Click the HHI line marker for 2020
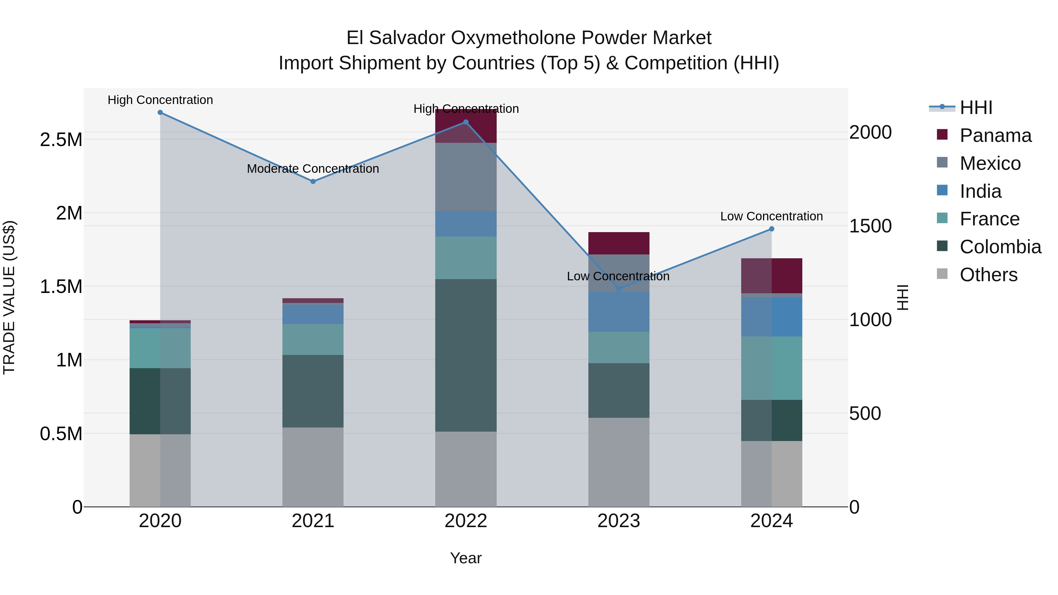pos(160,113)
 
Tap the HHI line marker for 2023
pos(619,289)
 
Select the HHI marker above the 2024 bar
pos(771,229)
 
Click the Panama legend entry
pos(995,135)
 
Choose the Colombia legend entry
pos(1000,247)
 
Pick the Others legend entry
pos(988,275)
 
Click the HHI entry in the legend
pos(975,108)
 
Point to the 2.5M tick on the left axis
pos(61,140)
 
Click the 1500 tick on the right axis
pos(870,226)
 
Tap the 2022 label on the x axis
pos(466,521)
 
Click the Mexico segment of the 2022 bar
pos(466,177)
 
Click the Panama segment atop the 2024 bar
pos(771,276)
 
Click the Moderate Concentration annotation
pos(313,169)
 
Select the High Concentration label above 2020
pos(160,100)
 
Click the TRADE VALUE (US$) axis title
pos(9,297)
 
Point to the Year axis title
pos(466,558)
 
